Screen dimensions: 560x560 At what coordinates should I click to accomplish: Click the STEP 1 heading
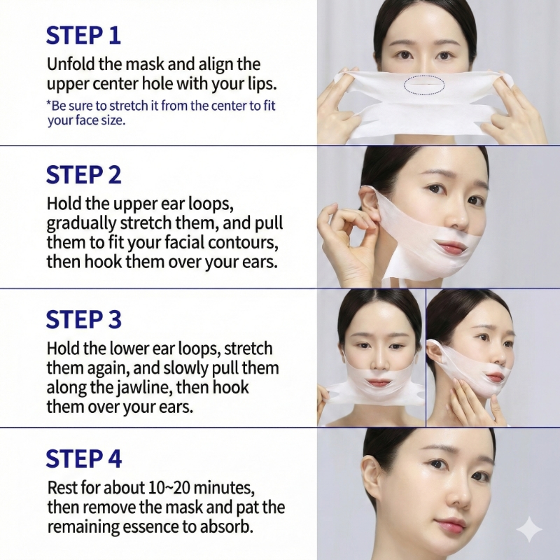[83, 35]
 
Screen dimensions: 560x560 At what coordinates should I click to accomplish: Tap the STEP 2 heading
[83, 174]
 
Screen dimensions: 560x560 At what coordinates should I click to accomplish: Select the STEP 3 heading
[83, 319]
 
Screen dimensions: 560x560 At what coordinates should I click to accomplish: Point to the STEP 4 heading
[83, 458]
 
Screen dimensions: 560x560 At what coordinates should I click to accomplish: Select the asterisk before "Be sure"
[49, 103]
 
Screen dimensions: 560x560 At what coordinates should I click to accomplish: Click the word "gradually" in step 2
[81, 223]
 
